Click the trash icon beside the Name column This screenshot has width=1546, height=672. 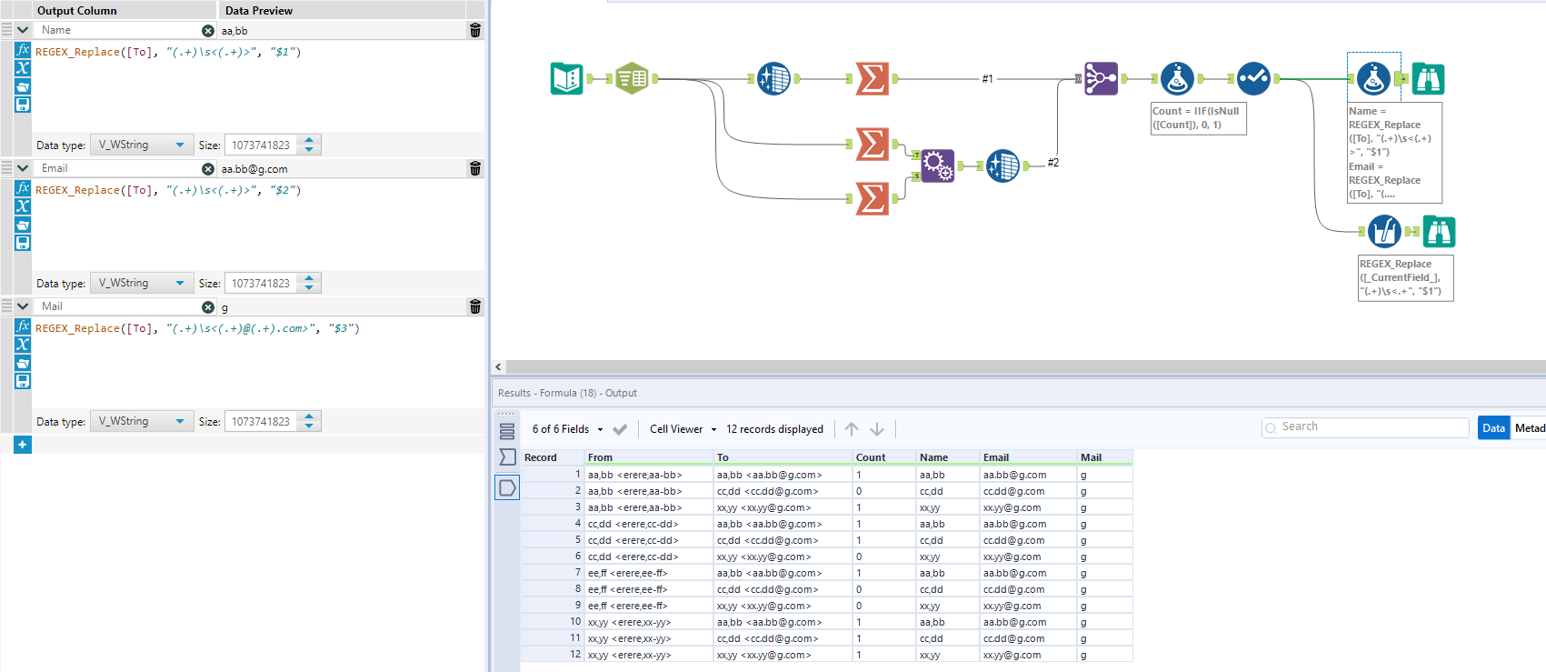pyautogui.click(x=474, y=31)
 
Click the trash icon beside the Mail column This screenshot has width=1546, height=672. pyautogui.click(x=474, y=307)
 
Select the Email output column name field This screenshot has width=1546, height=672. pyautogui.click(x=118, y=169)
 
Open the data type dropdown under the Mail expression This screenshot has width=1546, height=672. pyautogui.click(x=142, y=422)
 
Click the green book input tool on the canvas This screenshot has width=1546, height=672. pyautogui.click(x=566, y=79)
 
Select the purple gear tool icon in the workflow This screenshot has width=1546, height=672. pyautogui.click(x=937, y=165)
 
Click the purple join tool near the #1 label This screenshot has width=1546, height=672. pyautogui.click(x=1101, y=79)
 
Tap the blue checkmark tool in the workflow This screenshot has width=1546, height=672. pyautogui.click(x=1253, y=79)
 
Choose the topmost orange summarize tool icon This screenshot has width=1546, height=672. pyautogui.click(x=872, y=79)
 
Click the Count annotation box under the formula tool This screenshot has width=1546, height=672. pyautogui.click(x=1198, y=118)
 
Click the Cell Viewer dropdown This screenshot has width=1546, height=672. pyautogui.click(x=683, y=429)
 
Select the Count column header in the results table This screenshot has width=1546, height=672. pyautogui.click(x=871, y=457)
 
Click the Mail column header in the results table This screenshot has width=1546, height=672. pyautogui.click(x=1091, y=457)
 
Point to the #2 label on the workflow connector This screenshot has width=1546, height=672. pyautogui.click(x=1052, y=163)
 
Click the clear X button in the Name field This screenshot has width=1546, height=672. pyautogui.click(x=208, y=31)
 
